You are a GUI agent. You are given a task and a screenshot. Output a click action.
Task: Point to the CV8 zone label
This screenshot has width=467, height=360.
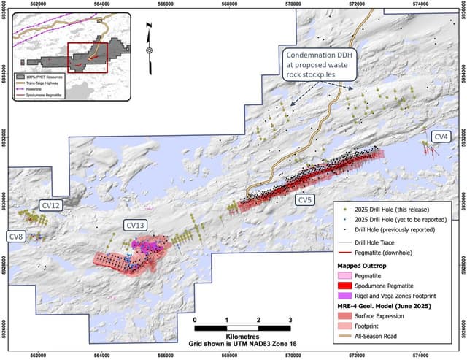[x=16, y=236]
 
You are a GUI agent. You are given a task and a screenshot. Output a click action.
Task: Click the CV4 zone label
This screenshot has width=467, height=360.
[x=441, y=137]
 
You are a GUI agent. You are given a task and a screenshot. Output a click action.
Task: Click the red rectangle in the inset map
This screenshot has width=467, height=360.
[x=87, y=57]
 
